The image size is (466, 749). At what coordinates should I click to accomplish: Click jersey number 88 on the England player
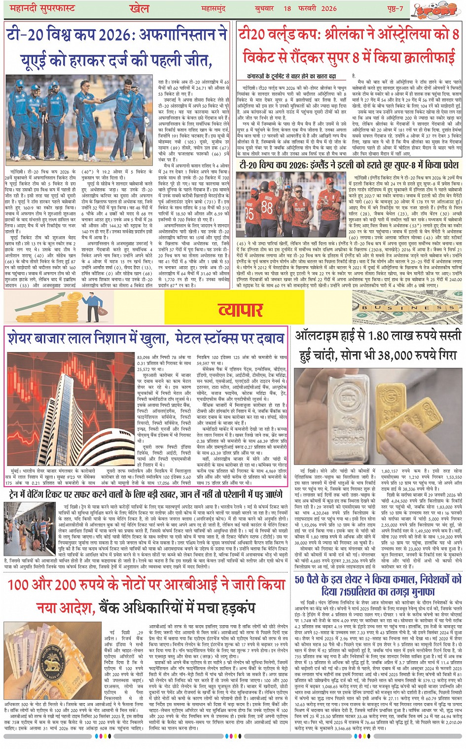(x=267, y=207)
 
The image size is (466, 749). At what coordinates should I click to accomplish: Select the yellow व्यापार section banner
(x=240, y=310)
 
